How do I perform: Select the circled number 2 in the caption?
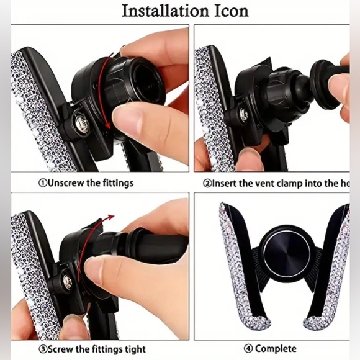click(x=207, y=183)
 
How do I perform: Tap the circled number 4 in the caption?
click(x=250, y=349)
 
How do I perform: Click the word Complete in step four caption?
click(x=277, y=349)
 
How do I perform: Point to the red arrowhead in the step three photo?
click(x=112, y=217)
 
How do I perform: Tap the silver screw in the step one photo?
click(x=79, y=118)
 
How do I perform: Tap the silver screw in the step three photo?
click(x=66, y=282)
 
